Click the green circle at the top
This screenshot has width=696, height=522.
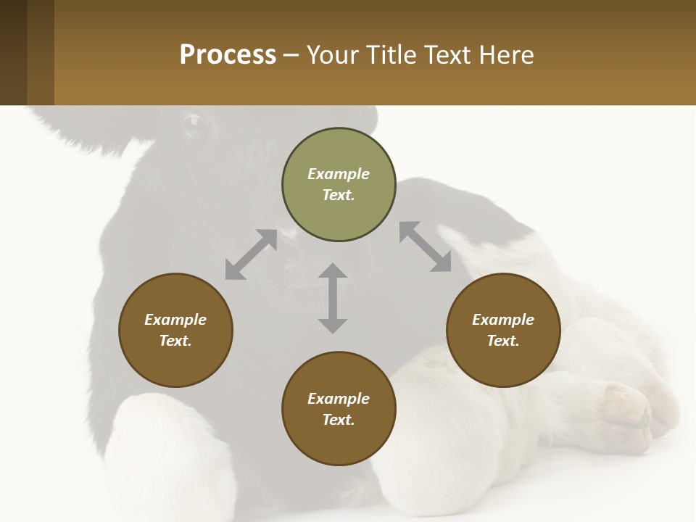tap(339, 185)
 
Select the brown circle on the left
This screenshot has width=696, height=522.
tap(175, 330)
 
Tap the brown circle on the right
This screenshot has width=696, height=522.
tap(503, 330)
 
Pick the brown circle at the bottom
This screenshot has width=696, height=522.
tap(339, 409)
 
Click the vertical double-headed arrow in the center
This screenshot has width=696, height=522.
tap(333, 298)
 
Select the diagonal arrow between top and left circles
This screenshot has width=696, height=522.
tap(251, 254)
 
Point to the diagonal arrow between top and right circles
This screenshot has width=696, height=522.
tap(425, 246)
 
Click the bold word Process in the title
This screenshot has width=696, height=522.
tap(228, 54)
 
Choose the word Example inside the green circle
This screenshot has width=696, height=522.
tap(339, 174)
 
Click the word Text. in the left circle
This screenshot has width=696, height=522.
tap(175, 341)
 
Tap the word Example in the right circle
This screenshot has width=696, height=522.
tap(503, 320)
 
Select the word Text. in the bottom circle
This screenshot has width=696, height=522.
tap(339, 420)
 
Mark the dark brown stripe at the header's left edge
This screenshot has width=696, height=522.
tap(13, 52)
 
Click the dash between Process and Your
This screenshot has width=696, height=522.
tap(291, 55)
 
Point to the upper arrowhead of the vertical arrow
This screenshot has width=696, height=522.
tap(333, 271)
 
